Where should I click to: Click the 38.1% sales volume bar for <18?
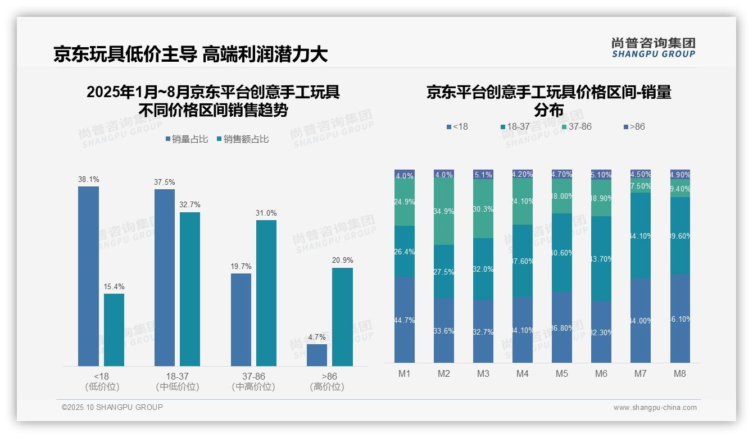click(88, 276)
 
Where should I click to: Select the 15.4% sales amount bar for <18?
click(114, 330)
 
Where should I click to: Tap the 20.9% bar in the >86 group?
click(342, 317)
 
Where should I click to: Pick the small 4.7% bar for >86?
click(317, 355)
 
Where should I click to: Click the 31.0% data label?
click(266, 213)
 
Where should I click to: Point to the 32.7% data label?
click(190, 205)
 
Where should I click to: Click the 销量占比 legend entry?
click(188, 139)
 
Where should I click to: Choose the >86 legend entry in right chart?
click(634, 127)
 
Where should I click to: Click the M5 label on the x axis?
click(562, 374)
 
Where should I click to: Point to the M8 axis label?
click(679, 374)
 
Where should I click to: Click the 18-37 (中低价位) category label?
click(177, 381)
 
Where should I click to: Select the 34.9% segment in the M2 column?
click(444, 212)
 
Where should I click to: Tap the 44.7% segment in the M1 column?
click(405, 320)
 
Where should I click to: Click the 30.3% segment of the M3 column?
click(483, 208)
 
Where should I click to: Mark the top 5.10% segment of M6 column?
click(601, 175)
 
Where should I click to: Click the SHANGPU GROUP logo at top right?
click(653, 48)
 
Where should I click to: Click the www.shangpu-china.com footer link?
click(655, 408)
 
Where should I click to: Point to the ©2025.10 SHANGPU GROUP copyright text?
click(112, 407)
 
